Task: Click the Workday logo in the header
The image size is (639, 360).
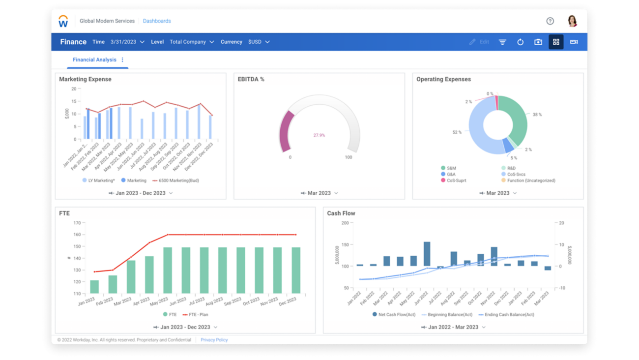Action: coord(63,21)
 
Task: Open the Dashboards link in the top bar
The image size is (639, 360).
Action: coord(157,21)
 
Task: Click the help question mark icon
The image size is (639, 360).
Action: coord(550,21)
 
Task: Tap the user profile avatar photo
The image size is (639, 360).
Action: coord(572,21)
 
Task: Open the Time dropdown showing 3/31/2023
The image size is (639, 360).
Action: coord(127,42)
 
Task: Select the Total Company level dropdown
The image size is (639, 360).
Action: coord(192,42)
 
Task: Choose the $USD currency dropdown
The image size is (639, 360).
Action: coord(259,42)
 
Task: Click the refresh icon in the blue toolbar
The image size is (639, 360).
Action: coord(520,42)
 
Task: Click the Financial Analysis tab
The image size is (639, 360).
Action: coord(94,60)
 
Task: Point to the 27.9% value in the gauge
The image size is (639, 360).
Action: coord(319,135)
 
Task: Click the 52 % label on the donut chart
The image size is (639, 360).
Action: coord(457,132)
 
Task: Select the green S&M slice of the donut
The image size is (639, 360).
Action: coord(516,118)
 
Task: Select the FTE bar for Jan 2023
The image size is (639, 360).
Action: coord(94,287)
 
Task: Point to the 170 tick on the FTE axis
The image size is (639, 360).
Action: coord(77,223)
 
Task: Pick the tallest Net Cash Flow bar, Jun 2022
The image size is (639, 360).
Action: coord(427,254)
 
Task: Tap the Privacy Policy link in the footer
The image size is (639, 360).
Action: coord(214,340)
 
